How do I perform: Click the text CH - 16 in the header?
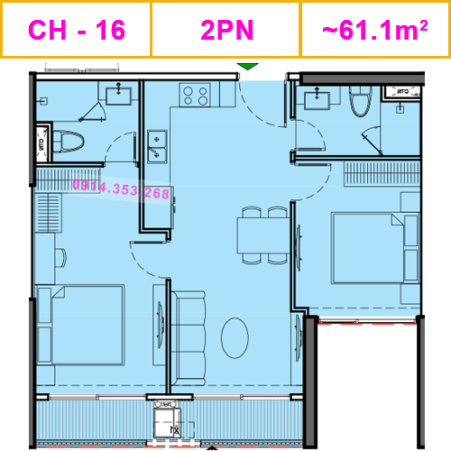click(x=77, y=30)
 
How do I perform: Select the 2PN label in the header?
click(x=225, y=30)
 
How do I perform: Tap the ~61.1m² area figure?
click(x=374, y=30)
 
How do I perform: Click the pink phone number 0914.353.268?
click(x=120, y=192)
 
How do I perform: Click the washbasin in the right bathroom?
click(x=317, y=100)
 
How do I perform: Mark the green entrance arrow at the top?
click(x=246, y=67)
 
